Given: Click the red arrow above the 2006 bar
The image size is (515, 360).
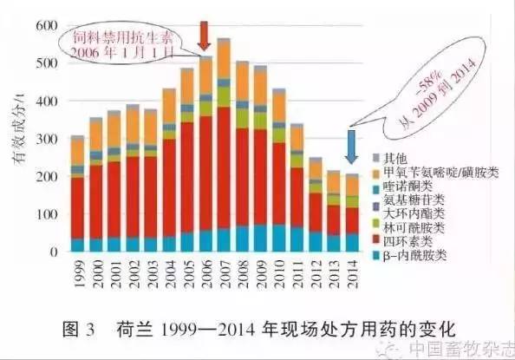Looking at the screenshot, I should pos(205,34).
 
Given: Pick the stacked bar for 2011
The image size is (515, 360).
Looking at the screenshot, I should pos(297,187).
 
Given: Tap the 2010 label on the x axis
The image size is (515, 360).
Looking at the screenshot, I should pos(278,276).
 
